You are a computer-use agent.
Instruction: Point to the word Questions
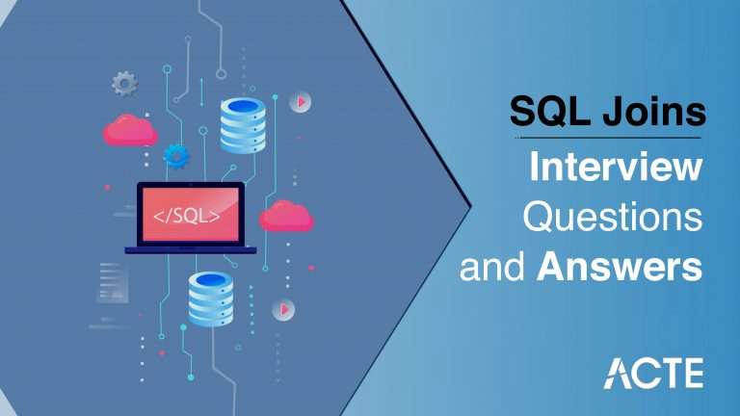(x=611, y=219)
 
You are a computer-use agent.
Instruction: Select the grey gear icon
(x=124, y=84)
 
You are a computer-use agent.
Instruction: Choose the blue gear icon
(x=176, y=155)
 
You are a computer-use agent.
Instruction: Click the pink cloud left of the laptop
(x=129, y=130)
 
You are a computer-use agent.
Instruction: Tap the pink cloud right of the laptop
(x=287, y=216)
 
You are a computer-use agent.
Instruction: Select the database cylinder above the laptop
(x=242, y=124)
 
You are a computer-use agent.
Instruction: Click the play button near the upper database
(x=301, y=100)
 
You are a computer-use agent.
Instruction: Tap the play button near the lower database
(x=283, y=309)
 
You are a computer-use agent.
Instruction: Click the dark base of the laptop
(x=191, y=250)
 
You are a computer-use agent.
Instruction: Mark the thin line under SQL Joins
(x=607, y=139)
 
